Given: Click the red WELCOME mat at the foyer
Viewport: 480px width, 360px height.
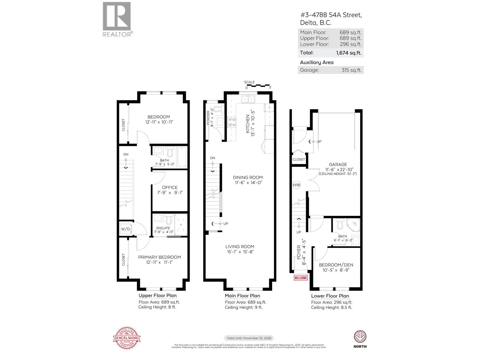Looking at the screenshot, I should [301, 278].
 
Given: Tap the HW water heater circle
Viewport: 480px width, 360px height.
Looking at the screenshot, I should [296, 185].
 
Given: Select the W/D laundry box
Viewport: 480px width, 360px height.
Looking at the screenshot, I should [126, 229].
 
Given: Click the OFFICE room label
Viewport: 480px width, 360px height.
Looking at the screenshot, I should [170, 187].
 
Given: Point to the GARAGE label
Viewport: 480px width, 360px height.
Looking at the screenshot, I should [338, 164].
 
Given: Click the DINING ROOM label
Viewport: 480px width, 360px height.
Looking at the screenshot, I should [248, 177].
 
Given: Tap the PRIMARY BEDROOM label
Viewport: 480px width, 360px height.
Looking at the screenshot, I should [159, 257].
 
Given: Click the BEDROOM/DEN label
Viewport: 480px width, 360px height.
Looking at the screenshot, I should [336, 265].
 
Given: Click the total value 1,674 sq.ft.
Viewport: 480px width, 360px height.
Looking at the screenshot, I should [349, 53].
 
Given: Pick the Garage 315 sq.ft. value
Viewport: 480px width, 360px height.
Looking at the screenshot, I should [351, 70].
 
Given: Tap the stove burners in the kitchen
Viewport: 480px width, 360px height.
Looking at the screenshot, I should [232, 122].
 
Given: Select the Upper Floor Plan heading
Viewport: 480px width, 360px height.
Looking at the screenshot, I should [157, 295].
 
